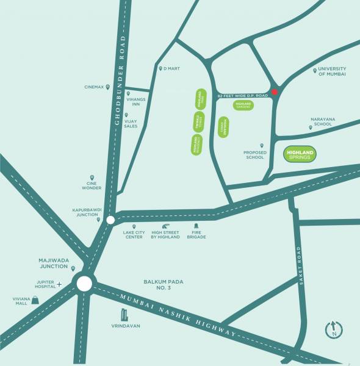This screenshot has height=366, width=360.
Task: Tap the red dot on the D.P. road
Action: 275,92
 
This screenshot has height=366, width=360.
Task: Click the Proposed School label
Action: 254,155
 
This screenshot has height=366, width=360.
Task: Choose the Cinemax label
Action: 95,87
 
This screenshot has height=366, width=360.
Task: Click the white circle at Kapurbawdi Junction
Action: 110,220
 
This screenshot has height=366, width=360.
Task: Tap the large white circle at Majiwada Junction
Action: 84,283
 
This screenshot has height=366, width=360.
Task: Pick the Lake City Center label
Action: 133,234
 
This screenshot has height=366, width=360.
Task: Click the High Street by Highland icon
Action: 165,226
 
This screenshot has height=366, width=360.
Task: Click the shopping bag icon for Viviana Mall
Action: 36,300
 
